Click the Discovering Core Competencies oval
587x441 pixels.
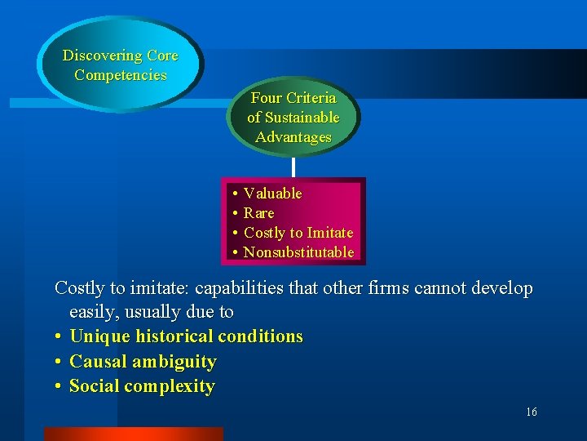pos(120,65)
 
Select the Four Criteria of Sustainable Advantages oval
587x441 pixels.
pos(293,118)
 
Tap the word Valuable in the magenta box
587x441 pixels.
pos(273,194)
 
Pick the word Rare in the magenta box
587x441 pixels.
pos(259,213)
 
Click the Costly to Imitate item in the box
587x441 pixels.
pos(298,233)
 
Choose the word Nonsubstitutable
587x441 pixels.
pos(298,252)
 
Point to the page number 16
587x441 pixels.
pos(531,412)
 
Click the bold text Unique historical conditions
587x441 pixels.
pos(186,336)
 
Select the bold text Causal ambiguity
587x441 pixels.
pos(143,362)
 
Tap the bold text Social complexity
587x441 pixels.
pos(142,386)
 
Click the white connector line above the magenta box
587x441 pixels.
pos(293,167)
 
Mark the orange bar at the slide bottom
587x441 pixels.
pos(133,434)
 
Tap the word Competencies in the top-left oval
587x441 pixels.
pos(120,75)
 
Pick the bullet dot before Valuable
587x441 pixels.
pos(234,194)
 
